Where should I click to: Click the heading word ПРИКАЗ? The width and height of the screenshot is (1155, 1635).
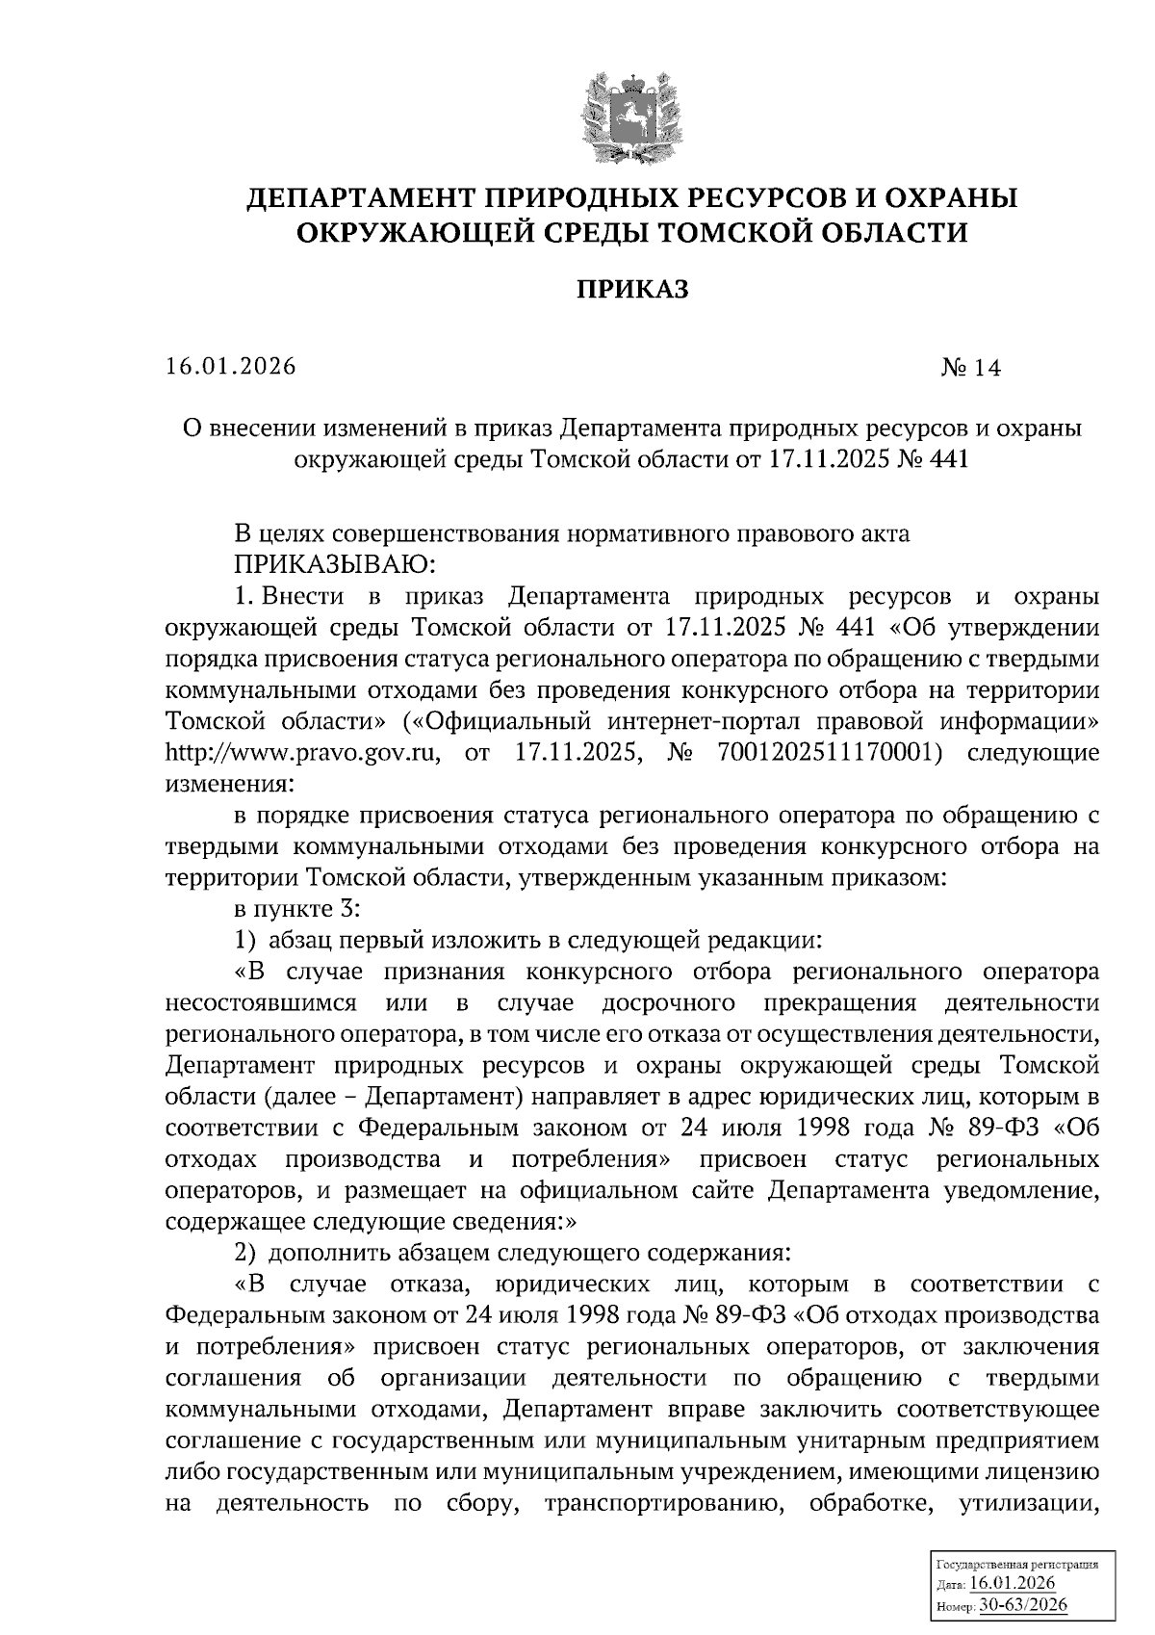click(x=632, y=289)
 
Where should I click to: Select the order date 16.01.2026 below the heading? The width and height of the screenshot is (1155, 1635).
click(x=230, y=367)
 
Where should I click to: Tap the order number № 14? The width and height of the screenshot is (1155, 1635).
click(x=970, y=368)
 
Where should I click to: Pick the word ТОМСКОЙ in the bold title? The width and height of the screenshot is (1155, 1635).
click(x=736, y=233)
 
